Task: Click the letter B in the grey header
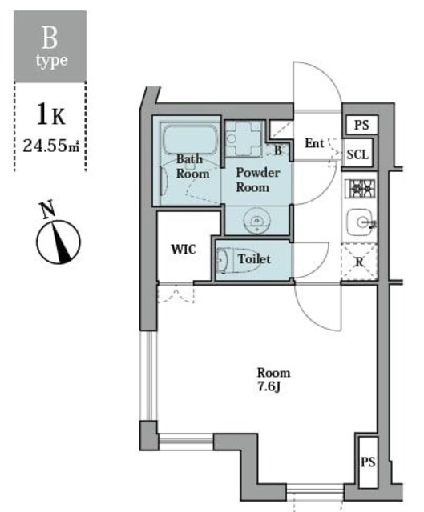(50, 38)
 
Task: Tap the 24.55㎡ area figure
(50, 146)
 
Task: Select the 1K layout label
(50, 114)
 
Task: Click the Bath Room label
(192, 166)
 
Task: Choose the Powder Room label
(256, 180)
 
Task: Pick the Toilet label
(255, 259)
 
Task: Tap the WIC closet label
(184, 248)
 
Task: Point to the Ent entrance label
(314, 144)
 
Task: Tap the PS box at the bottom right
(367, 462)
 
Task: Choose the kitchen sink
(359, 222)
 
